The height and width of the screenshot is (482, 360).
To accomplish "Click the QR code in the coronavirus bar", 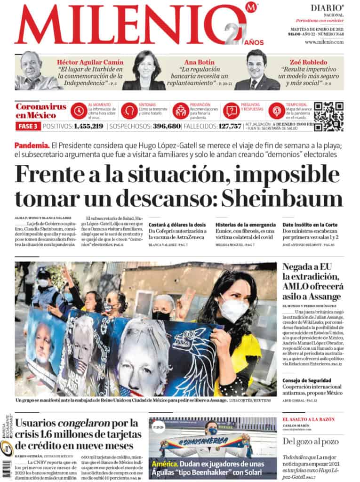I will pos(328,116).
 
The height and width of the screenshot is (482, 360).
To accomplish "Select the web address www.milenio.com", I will pos(324,42).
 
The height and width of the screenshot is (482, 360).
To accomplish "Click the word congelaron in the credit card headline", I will pos(84,423).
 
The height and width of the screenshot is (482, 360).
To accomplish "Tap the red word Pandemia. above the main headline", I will pos(32,145).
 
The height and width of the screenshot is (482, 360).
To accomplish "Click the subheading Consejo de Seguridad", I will pos(307,380).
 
